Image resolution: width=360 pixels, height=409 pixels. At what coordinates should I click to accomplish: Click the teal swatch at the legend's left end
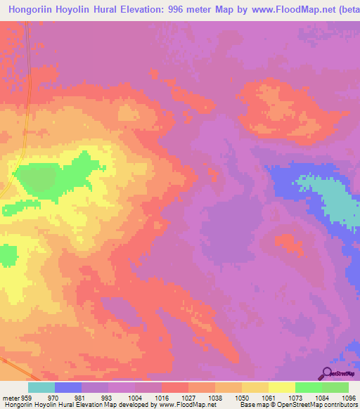[41, 387]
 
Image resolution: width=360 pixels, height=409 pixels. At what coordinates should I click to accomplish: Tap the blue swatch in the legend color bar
[68, 387]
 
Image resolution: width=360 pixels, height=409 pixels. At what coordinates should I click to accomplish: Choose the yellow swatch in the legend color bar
[281, 387]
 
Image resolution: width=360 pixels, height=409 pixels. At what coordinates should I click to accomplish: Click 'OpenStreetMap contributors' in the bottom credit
[320, 405]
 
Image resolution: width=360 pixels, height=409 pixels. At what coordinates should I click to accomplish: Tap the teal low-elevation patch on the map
[330, 200]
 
